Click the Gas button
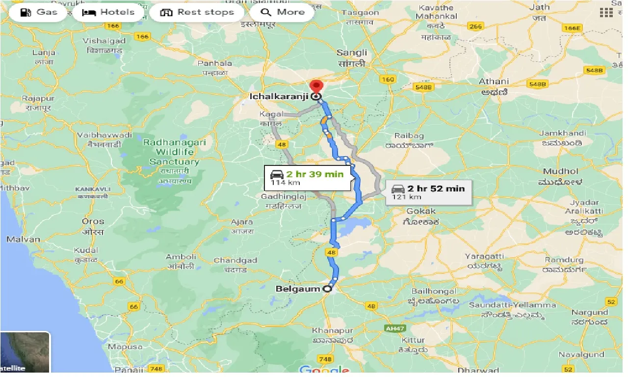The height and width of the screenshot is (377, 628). [38, 12]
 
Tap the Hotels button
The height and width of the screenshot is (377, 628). [108, 12]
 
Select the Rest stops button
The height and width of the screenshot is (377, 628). [197, 12]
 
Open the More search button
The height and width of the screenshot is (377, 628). [282, 12]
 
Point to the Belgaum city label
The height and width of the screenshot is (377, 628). [297, 289]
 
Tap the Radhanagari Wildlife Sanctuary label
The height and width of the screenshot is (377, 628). [174, 152]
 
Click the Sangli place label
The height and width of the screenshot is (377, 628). [352, 53]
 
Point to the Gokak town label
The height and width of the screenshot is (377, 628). [421, 211]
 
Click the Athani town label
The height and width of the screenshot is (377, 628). [494, 81]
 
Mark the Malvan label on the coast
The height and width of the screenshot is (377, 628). [23, 240]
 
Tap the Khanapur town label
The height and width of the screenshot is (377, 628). [326, 330]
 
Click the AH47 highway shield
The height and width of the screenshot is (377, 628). [392, 326]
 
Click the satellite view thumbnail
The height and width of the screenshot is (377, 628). [25, 352]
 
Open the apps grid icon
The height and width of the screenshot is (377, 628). [606, 13]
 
